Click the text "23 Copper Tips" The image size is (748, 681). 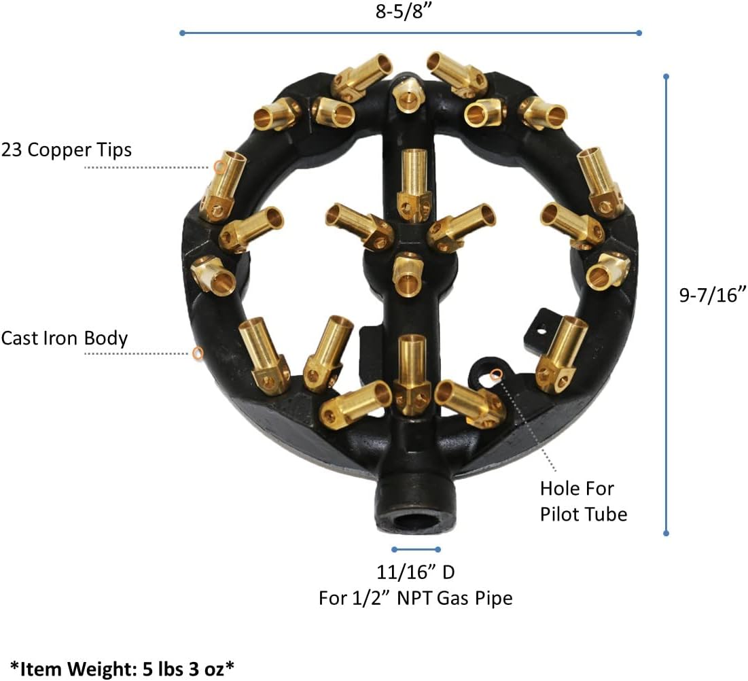point(67,150)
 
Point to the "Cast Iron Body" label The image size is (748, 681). point(65,338)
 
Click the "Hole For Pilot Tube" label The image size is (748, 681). point(583,501)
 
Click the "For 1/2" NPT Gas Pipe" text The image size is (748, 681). point(415,598)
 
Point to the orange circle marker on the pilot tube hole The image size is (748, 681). point(496,372)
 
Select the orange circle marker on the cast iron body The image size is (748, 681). point(198,353)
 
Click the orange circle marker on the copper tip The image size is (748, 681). point(217,167)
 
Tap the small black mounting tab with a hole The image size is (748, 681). point(541,325)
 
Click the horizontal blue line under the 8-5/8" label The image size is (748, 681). point(410,33)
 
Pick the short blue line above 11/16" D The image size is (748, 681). point(415,549)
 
